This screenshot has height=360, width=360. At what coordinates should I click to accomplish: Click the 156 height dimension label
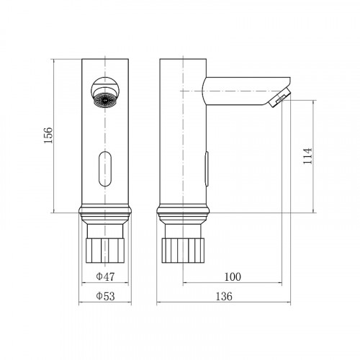pos(48,135)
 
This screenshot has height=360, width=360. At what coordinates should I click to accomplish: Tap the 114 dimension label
pos(307,156)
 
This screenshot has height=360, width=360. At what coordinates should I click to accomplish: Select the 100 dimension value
pos(233,277)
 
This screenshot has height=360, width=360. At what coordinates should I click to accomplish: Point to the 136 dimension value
pos(224,297)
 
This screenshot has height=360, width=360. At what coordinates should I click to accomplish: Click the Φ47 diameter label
pos(105,276)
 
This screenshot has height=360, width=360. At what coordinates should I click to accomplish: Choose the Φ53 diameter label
pos(105,296)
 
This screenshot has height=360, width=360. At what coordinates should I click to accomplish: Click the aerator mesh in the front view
pos(105,100)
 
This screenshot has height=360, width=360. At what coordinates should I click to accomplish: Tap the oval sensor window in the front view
pos(105,169)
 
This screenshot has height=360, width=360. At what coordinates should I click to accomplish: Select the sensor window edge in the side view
pos(207,169)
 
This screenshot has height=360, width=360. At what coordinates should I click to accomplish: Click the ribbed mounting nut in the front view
pos(105,251)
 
